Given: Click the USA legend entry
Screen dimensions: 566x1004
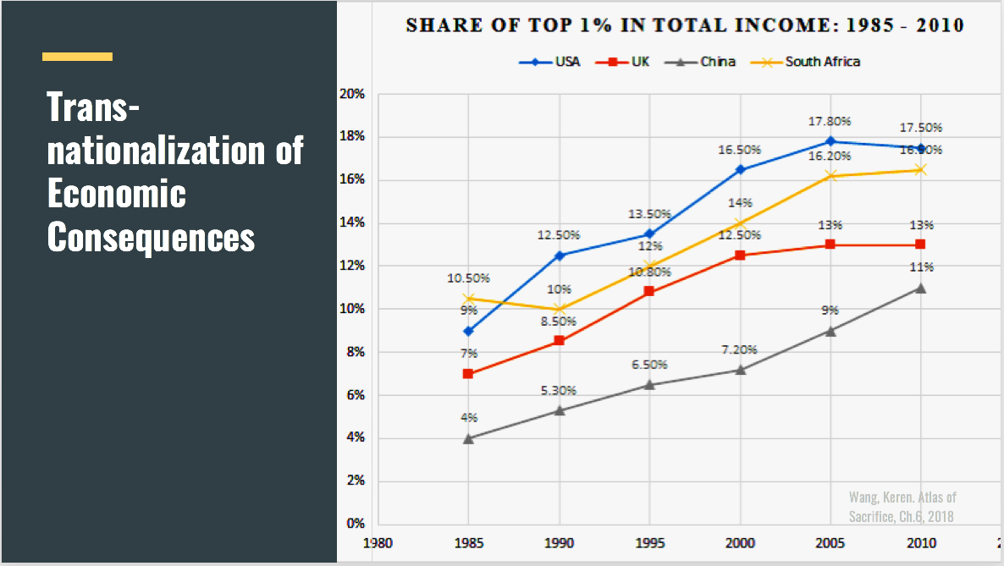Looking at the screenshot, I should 550,62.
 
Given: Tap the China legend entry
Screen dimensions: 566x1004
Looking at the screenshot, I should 704,62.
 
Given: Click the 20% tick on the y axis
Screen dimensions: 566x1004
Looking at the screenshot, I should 352,94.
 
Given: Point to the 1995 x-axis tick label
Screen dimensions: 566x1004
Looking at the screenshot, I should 649,541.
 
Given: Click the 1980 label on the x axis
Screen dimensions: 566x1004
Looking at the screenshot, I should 378,541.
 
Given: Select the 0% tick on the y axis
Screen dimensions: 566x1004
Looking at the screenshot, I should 355,524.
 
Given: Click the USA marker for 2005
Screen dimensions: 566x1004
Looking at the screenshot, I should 830,141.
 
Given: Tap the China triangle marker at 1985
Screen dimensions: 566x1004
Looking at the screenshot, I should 468,438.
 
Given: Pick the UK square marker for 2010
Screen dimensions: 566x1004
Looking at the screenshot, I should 920,245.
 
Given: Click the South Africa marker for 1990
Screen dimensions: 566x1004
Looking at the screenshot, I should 559,309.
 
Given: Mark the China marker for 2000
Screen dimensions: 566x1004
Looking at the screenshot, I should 740,370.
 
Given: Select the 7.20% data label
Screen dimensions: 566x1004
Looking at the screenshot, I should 739,349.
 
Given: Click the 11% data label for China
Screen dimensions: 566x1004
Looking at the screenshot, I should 922,267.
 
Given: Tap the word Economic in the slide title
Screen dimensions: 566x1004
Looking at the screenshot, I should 116,194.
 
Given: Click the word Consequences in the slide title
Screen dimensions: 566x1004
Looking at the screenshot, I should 151,237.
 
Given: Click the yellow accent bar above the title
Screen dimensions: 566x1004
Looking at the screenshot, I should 77,57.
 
